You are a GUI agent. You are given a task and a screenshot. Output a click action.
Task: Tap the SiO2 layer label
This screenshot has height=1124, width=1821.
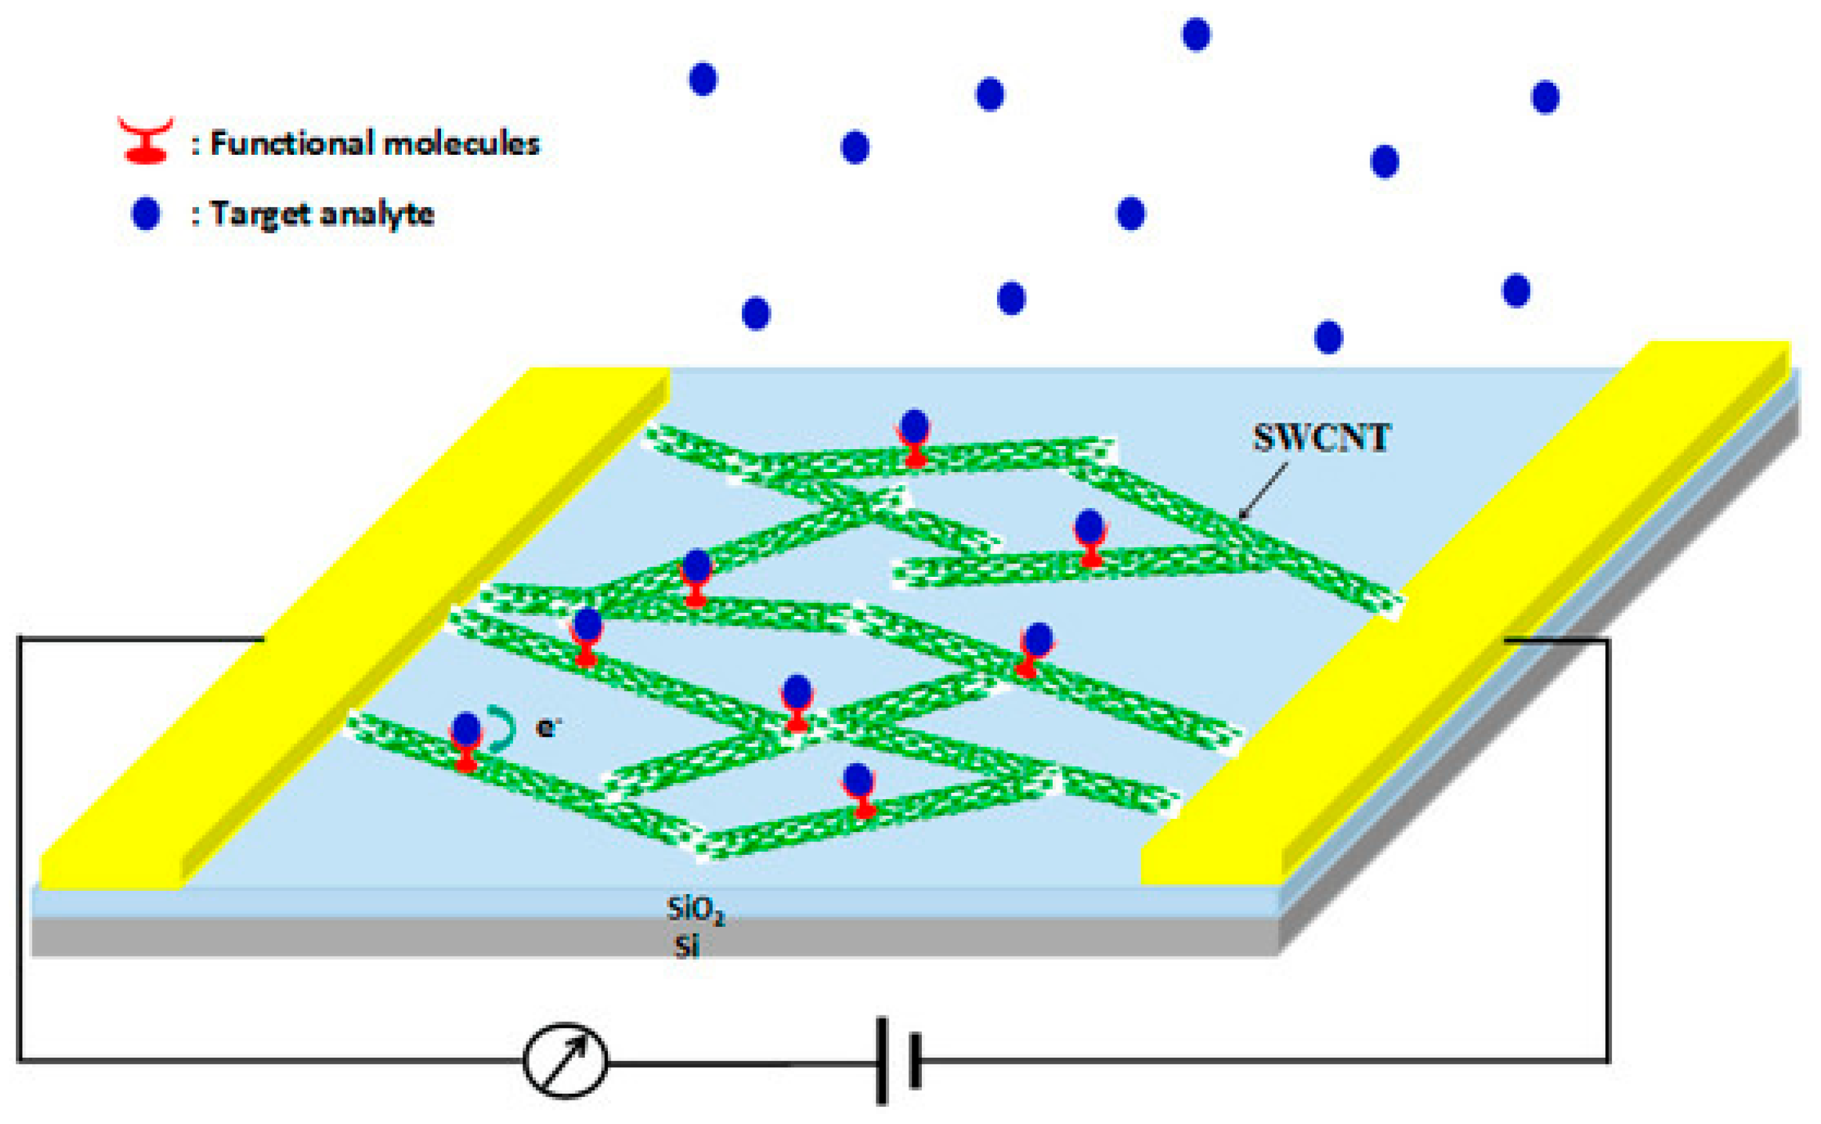pos(695,910)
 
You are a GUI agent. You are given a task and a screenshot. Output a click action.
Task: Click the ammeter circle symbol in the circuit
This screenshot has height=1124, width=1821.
pos(565,1060)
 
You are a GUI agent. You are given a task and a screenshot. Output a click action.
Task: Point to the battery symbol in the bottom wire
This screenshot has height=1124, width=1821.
pos(898,1061)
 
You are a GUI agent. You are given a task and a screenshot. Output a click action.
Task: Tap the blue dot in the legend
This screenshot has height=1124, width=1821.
pos(146,214)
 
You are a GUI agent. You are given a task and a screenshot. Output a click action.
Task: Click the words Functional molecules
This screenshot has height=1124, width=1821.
pos(375,143)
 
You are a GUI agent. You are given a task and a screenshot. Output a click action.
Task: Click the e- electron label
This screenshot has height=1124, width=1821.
pos(547,727)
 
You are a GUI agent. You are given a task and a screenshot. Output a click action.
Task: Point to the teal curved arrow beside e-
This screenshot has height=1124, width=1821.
pos(502,727)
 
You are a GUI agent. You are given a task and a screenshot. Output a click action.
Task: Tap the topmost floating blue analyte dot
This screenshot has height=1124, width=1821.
pos(1196,34)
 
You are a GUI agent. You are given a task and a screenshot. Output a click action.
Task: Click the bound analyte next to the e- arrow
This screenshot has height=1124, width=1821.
pos(466,730)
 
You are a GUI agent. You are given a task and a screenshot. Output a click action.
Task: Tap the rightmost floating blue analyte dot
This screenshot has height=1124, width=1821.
pos(1546,97)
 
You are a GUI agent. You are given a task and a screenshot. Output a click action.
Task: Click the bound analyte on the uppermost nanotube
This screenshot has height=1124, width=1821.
pos(914,426)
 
